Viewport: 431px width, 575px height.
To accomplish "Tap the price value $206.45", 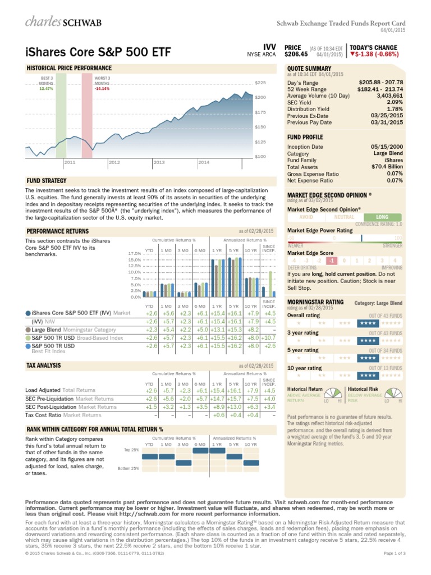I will (x=297, y=55).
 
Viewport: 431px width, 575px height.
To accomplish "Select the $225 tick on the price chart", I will (x=260, y=83).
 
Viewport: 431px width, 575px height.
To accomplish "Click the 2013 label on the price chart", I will (x=159, y=162).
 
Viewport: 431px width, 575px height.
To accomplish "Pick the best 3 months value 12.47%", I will (x=47, y=88).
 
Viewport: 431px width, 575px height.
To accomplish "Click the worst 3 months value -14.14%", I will (x=102, y=88).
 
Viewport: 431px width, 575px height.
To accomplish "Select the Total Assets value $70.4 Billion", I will (x=387, y=166).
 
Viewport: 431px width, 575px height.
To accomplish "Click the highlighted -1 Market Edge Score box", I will (x=332, y=261).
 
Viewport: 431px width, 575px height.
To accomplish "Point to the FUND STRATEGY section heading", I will (x=47, y=181).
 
